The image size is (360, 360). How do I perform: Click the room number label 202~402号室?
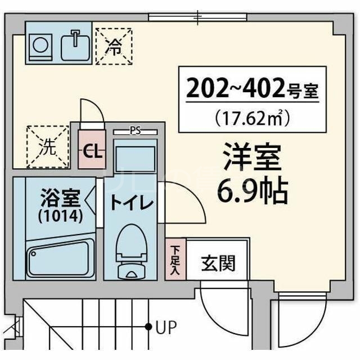coord(251,88)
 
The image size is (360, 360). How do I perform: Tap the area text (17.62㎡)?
coord(251,118)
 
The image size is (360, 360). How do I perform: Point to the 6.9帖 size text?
coord(251,191)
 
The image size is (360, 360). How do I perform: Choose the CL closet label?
coord(92,151)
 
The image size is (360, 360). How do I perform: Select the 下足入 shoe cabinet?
coord(175,259)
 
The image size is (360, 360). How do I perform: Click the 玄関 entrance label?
coord(218,262)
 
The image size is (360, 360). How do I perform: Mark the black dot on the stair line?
coord(149,326)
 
